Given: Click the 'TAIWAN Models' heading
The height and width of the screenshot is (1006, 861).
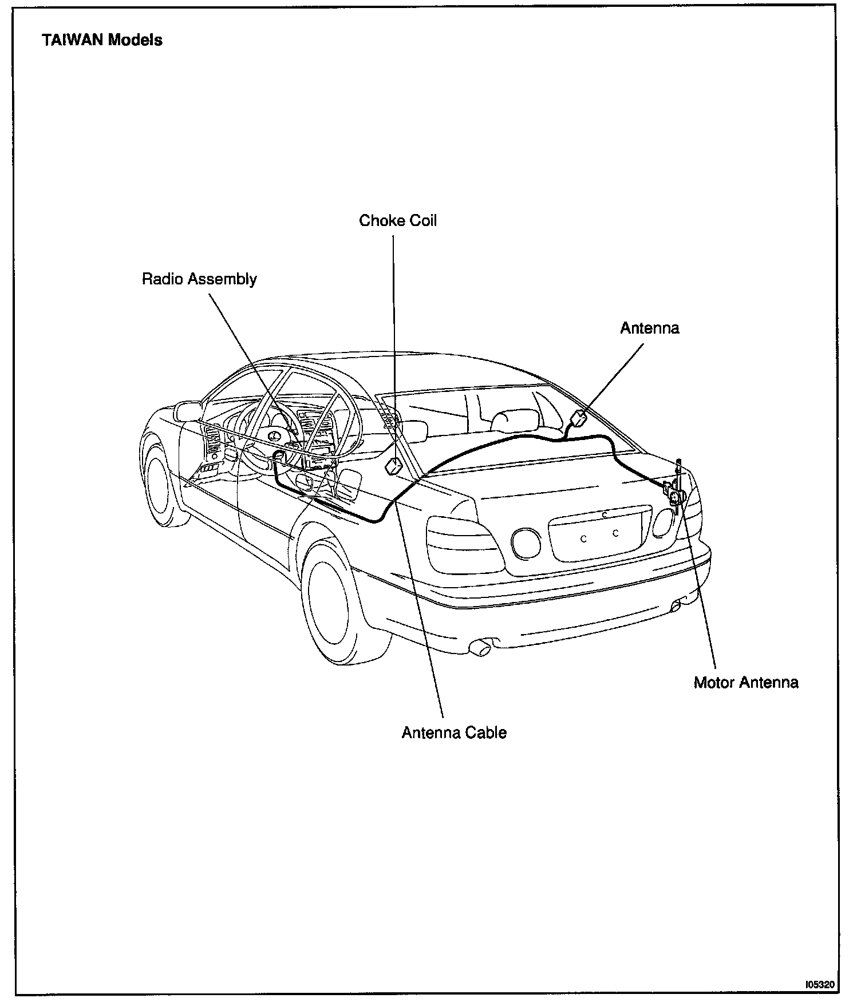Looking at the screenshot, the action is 102,40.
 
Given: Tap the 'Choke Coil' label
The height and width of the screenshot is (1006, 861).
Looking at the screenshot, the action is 398,221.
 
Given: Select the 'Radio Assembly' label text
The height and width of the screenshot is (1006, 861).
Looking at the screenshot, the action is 199,279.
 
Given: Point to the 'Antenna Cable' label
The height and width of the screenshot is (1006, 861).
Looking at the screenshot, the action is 454,732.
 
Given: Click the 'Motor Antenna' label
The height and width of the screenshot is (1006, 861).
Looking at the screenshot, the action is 746,682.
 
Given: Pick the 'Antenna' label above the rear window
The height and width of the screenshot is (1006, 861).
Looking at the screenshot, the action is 650,328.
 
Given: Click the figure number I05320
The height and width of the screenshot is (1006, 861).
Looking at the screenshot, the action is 820,985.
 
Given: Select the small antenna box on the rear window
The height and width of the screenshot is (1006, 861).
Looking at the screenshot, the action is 580,418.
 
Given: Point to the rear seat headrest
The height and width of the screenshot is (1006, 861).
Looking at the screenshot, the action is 514,420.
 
